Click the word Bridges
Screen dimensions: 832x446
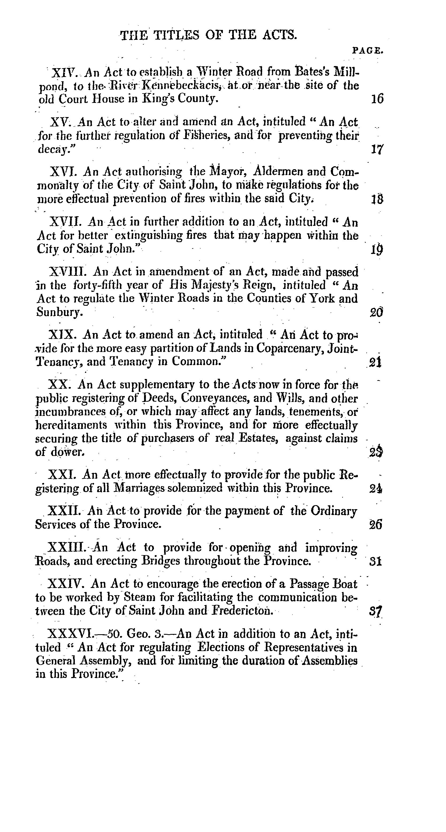161,561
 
